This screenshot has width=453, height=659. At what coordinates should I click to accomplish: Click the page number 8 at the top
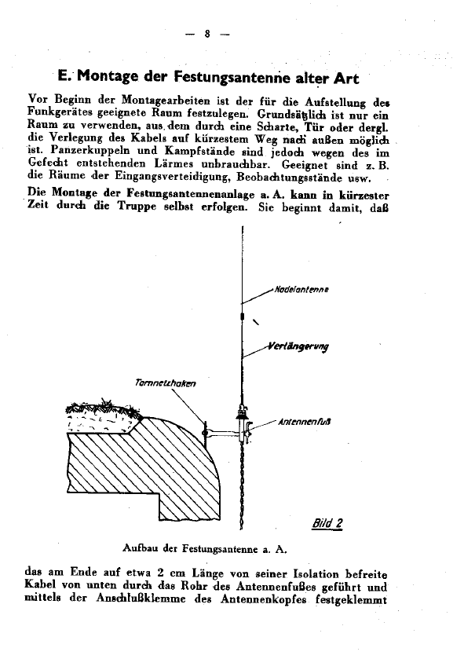(x=206, y=34)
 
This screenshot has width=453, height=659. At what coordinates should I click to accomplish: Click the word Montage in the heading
(x=111, y=79)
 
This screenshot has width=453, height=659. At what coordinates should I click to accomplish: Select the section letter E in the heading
(x=64, y=79)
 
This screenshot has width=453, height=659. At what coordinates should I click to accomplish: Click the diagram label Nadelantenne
(x=301, y=289)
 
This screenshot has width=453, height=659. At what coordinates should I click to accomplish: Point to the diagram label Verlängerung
(x=299, y=346)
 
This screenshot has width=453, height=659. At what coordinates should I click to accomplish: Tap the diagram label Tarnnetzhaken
(x=164, y=383)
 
